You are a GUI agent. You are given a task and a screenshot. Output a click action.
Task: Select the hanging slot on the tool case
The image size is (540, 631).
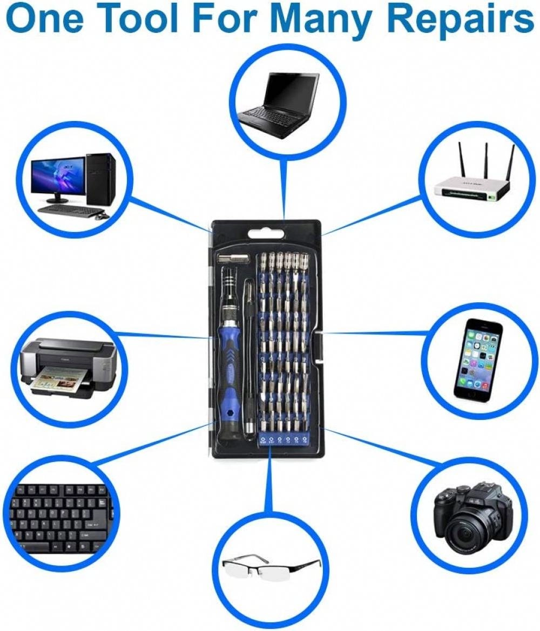pyautogui.click(x=265, y=234)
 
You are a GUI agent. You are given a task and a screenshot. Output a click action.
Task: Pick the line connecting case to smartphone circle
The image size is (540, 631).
pyautogui.click(x=378, y=333)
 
